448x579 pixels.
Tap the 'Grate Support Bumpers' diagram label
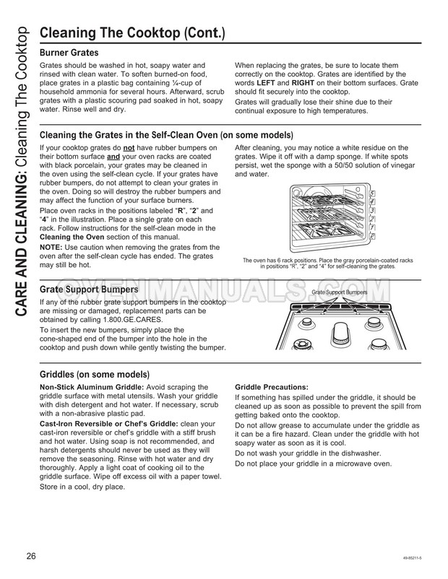339,292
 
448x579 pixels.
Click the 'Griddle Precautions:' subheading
267,387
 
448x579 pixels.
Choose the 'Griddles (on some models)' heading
94,375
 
